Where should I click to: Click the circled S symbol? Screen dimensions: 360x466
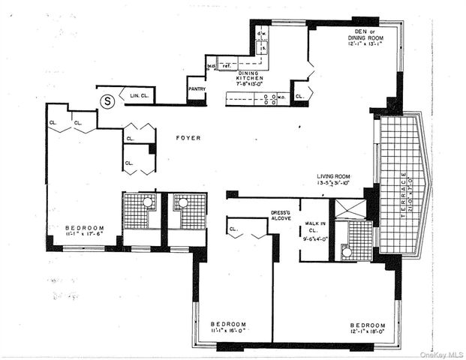coord(107,98)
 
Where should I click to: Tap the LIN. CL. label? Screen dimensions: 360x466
coord(140,96)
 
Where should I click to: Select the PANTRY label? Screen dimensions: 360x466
coord(197,89)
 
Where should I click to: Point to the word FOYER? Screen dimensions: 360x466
coord(187,138)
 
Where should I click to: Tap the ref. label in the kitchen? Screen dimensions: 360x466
coord(225,66)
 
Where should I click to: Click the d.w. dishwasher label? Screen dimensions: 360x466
coord(263,34)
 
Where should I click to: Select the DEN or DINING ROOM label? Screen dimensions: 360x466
coord(366,34)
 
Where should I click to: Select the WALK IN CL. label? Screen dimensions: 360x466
coord(314,226)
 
